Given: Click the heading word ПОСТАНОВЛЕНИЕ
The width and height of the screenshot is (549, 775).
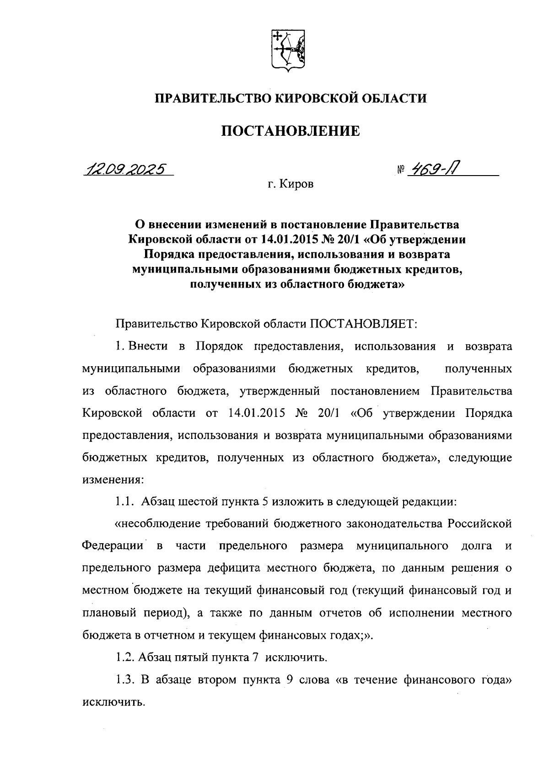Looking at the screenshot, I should coord(291,131).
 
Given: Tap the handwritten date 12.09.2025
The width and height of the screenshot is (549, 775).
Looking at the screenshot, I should coord(125,170).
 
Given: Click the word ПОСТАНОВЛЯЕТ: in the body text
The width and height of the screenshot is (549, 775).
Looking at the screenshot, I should coord(363,324).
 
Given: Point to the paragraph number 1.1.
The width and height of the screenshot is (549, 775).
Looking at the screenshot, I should coord(125,502).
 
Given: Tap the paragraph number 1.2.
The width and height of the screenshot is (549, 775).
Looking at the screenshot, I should coord(125,657).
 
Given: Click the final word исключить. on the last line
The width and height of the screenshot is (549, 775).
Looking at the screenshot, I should coord(113,702).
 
